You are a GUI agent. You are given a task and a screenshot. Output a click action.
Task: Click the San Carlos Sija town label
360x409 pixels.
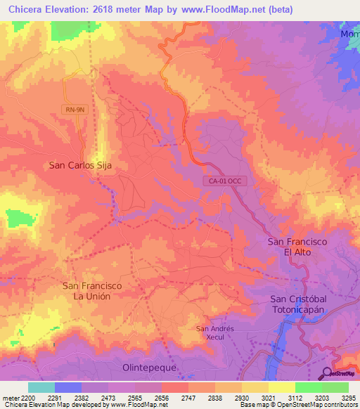[x=79, y=166]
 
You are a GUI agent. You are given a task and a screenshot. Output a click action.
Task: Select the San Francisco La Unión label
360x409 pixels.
[x=92, y=291]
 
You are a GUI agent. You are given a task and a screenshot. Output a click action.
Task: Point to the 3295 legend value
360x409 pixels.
[x=348, y=398]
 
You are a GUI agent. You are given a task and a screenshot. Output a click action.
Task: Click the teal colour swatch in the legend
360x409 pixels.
[x=41, y=387]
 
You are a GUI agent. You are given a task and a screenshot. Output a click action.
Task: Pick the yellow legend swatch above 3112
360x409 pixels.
[x=282, y=387]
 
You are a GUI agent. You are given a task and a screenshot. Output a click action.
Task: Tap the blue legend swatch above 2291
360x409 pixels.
[x=68, y=387]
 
